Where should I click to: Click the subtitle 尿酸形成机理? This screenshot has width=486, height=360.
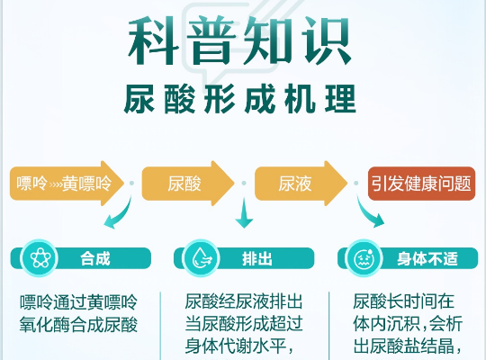pos(242,97)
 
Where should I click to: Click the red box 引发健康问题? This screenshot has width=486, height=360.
pos(421,184)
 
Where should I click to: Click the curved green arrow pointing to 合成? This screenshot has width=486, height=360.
pos(116,217)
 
